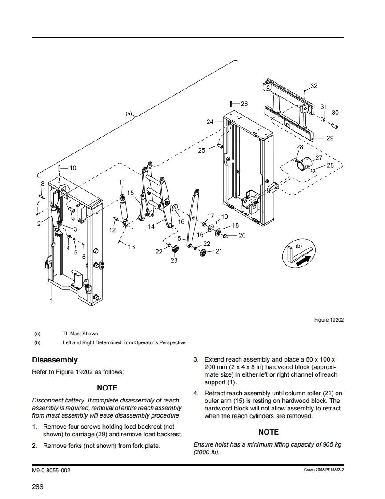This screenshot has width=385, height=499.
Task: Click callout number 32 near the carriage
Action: [x=314, y=86]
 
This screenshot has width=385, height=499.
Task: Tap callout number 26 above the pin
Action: [x=244, y=104]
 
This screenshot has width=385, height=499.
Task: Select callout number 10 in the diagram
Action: [x=72, y=168]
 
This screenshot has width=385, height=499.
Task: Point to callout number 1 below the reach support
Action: [x=51, y=301]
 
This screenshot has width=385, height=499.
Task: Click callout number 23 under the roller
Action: [x=174, y=260]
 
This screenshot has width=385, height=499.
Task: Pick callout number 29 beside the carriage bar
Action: [x=330, y=138]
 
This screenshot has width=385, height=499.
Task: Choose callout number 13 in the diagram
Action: [x=131, y=247]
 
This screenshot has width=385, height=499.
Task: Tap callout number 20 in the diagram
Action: [x=242, y=235]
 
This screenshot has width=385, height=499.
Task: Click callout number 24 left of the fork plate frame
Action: [x=210, y=121]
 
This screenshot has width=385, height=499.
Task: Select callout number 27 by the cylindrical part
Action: [x=319, y=158]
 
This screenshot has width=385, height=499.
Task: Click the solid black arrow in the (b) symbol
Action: [x=301, y=260]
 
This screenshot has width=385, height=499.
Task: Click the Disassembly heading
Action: [x=55, y=360]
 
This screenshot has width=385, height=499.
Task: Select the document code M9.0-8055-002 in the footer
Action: [x=51, y=471]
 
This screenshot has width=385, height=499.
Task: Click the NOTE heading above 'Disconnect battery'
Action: [x=107, y=388]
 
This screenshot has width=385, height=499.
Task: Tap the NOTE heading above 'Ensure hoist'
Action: [x=269, y=432]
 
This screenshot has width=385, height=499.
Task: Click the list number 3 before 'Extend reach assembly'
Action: [x=196, y=359]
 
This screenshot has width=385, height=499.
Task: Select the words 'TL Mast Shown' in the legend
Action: [x=80, y=334]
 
